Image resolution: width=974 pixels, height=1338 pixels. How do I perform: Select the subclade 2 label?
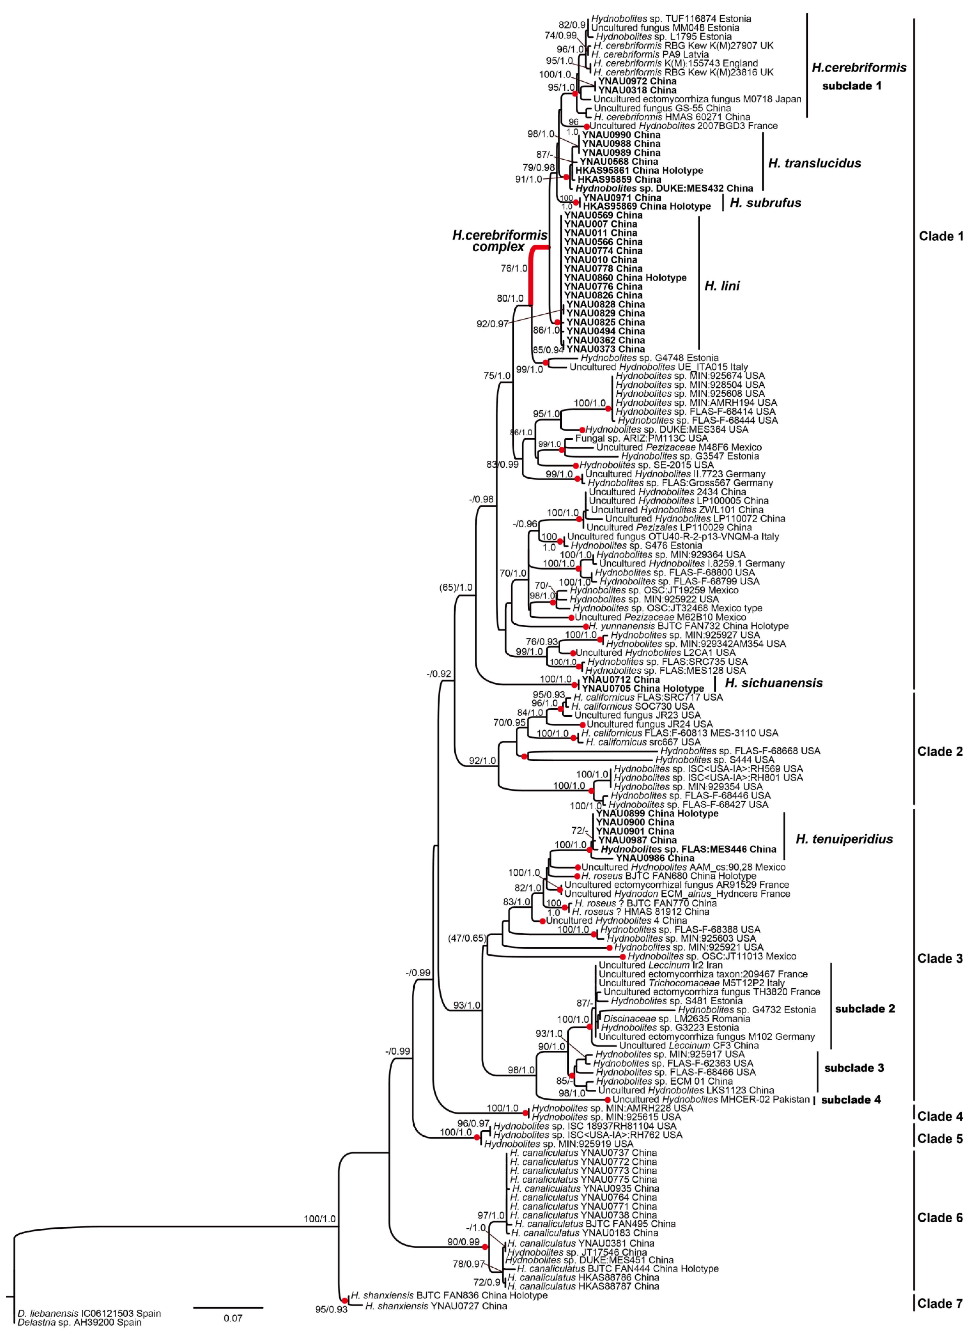click(865, 1009)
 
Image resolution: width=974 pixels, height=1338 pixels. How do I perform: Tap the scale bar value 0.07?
click(233, 1318)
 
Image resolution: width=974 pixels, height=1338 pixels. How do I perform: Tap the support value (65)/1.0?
click(456, 588)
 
